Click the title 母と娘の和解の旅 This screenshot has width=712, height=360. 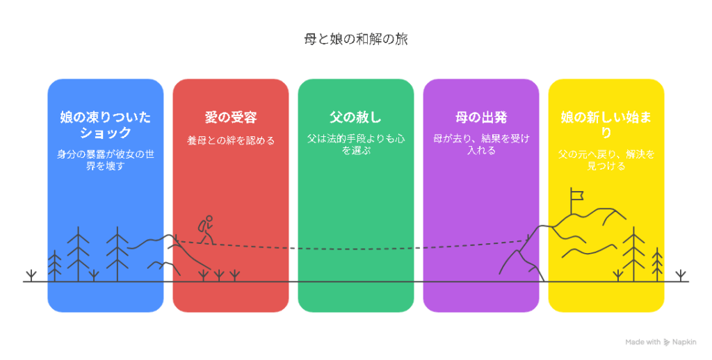[356, 40]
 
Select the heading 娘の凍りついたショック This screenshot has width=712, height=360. [106, 125]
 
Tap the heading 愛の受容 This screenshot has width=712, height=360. [231, 117]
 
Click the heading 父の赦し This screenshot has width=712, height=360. [355, 117]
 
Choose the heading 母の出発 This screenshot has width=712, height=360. [481, 117]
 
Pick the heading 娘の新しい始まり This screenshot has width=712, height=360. [606, 125]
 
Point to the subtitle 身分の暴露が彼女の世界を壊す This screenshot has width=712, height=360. [106, 160]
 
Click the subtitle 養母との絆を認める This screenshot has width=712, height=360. [231, 140]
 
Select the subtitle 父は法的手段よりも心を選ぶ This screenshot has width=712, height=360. [355, 145]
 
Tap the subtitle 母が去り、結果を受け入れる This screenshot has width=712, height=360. [481, 145]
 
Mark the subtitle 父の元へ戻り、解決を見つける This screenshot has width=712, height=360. [606, 160]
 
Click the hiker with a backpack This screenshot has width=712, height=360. [206, 230]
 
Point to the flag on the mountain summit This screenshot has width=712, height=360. [576, 195]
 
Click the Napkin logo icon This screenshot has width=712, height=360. [666, 343]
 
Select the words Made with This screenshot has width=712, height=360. [642, 343]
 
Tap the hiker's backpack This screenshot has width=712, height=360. [202, 226]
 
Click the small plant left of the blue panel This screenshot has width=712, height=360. [31, 276]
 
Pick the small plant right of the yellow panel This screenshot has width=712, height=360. [680, 276]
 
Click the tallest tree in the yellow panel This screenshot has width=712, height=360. [633, 254]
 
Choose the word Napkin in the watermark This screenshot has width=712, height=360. [684, 343]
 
